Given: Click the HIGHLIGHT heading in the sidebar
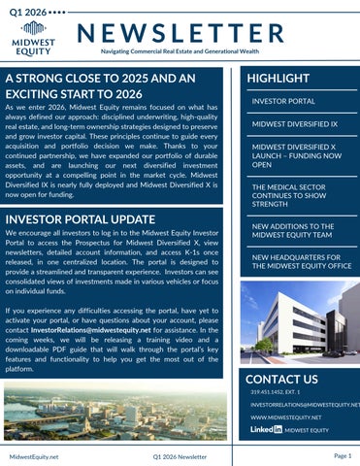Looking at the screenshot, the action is click(x=278, y=78).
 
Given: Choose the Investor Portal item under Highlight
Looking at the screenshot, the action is click(x=283, y=101).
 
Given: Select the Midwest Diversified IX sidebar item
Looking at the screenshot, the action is click(x=294, y=124).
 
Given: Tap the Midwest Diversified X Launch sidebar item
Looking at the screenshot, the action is click(x=297, y=155).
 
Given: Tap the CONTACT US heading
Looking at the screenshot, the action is click(x=282, y=379).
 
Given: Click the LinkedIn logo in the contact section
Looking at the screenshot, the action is click(x=266, y=428).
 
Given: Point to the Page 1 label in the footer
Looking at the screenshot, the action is click(x=342, y=454).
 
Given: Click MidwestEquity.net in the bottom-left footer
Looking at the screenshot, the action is click(x=33, y=455).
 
